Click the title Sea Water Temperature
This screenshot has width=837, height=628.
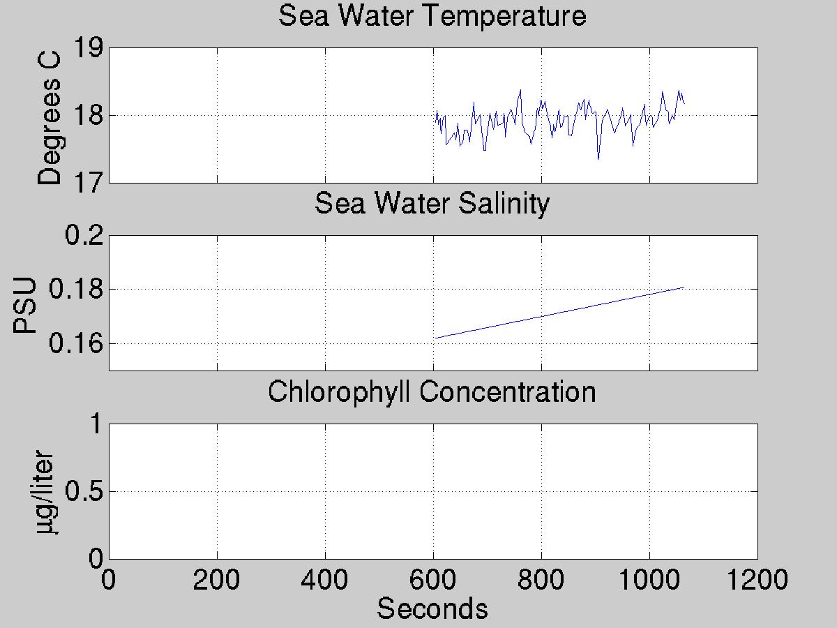[x=432, y=15]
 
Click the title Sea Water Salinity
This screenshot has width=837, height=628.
[x=432, y=204]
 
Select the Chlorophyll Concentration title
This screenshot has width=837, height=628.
[x=432, y=391]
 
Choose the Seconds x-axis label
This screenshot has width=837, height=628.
[x=432, y=608]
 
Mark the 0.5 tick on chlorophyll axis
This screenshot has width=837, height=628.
[x=84, y=491]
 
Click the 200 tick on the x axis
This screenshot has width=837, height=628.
[x=217, y=579]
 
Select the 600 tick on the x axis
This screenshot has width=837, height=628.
[x=433, y=579]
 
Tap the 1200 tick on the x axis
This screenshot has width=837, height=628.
[x=757, y=579]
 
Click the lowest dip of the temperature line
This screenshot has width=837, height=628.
[x=598, y=159]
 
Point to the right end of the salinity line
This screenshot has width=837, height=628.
[x=684, y=287]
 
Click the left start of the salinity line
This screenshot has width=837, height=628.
[x=435, y=338]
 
